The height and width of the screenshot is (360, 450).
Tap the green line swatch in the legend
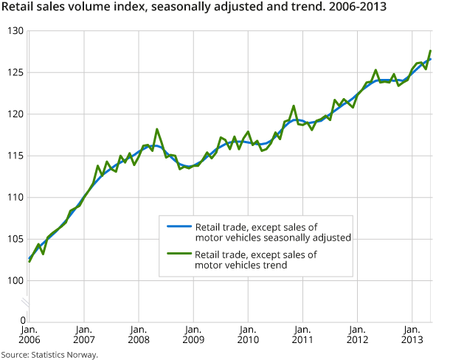click(x=179, y=255)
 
